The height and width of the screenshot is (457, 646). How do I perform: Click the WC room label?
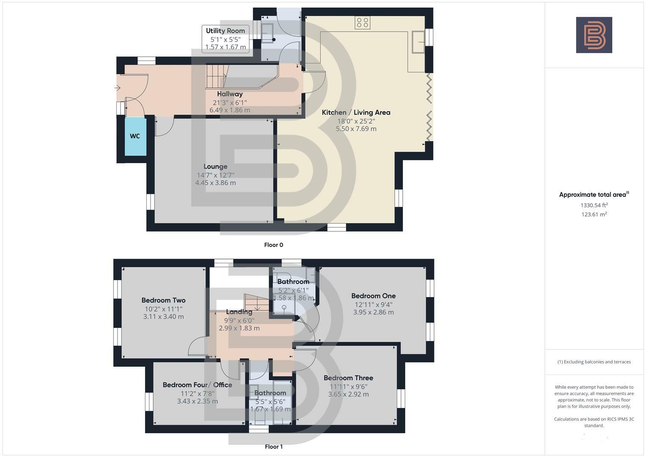135,136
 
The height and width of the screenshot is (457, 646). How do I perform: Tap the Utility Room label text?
225,31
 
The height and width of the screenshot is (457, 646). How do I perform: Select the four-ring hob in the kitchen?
363,23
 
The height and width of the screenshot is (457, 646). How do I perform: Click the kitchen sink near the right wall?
418,42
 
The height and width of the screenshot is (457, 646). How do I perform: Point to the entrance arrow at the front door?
117,88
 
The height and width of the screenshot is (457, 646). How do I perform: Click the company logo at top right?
594,35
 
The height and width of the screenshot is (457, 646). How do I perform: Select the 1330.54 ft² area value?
594,205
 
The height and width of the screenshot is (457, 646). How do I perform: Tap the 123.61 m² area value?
594,215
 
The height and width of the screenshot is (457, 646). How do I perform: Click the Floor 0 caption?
273,245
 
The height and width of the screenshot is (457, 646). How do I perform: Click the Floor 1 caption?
273,447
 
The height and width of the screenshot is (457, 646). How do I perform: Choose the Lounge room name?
215,167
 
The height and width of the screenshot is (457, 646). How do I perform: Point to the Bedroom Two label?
163,300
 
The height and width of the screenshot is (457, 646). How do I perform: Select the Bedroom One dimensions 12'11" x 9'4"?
373,304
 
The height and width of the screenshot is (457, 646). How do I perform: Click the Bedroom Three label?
348,378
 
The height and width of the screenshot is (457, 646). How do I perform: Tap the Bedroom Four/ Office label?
197,385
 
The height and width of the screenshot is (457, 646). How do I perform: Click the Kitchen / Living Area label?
356,113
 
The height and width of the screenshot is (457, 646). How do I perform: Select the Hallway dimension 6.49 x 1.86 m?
230,110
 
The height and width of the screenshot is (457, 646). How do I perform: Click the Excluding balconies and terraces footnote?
594,362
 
